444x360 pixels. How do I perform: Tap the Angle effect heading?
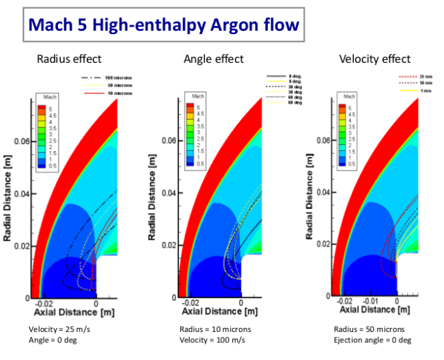213,59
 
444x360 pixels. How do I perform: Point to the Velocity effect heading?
375,59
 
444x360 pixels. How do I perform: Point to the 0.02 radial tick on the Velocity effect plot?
323,245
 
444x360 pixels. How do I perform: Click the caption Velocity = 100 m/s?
212,340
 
